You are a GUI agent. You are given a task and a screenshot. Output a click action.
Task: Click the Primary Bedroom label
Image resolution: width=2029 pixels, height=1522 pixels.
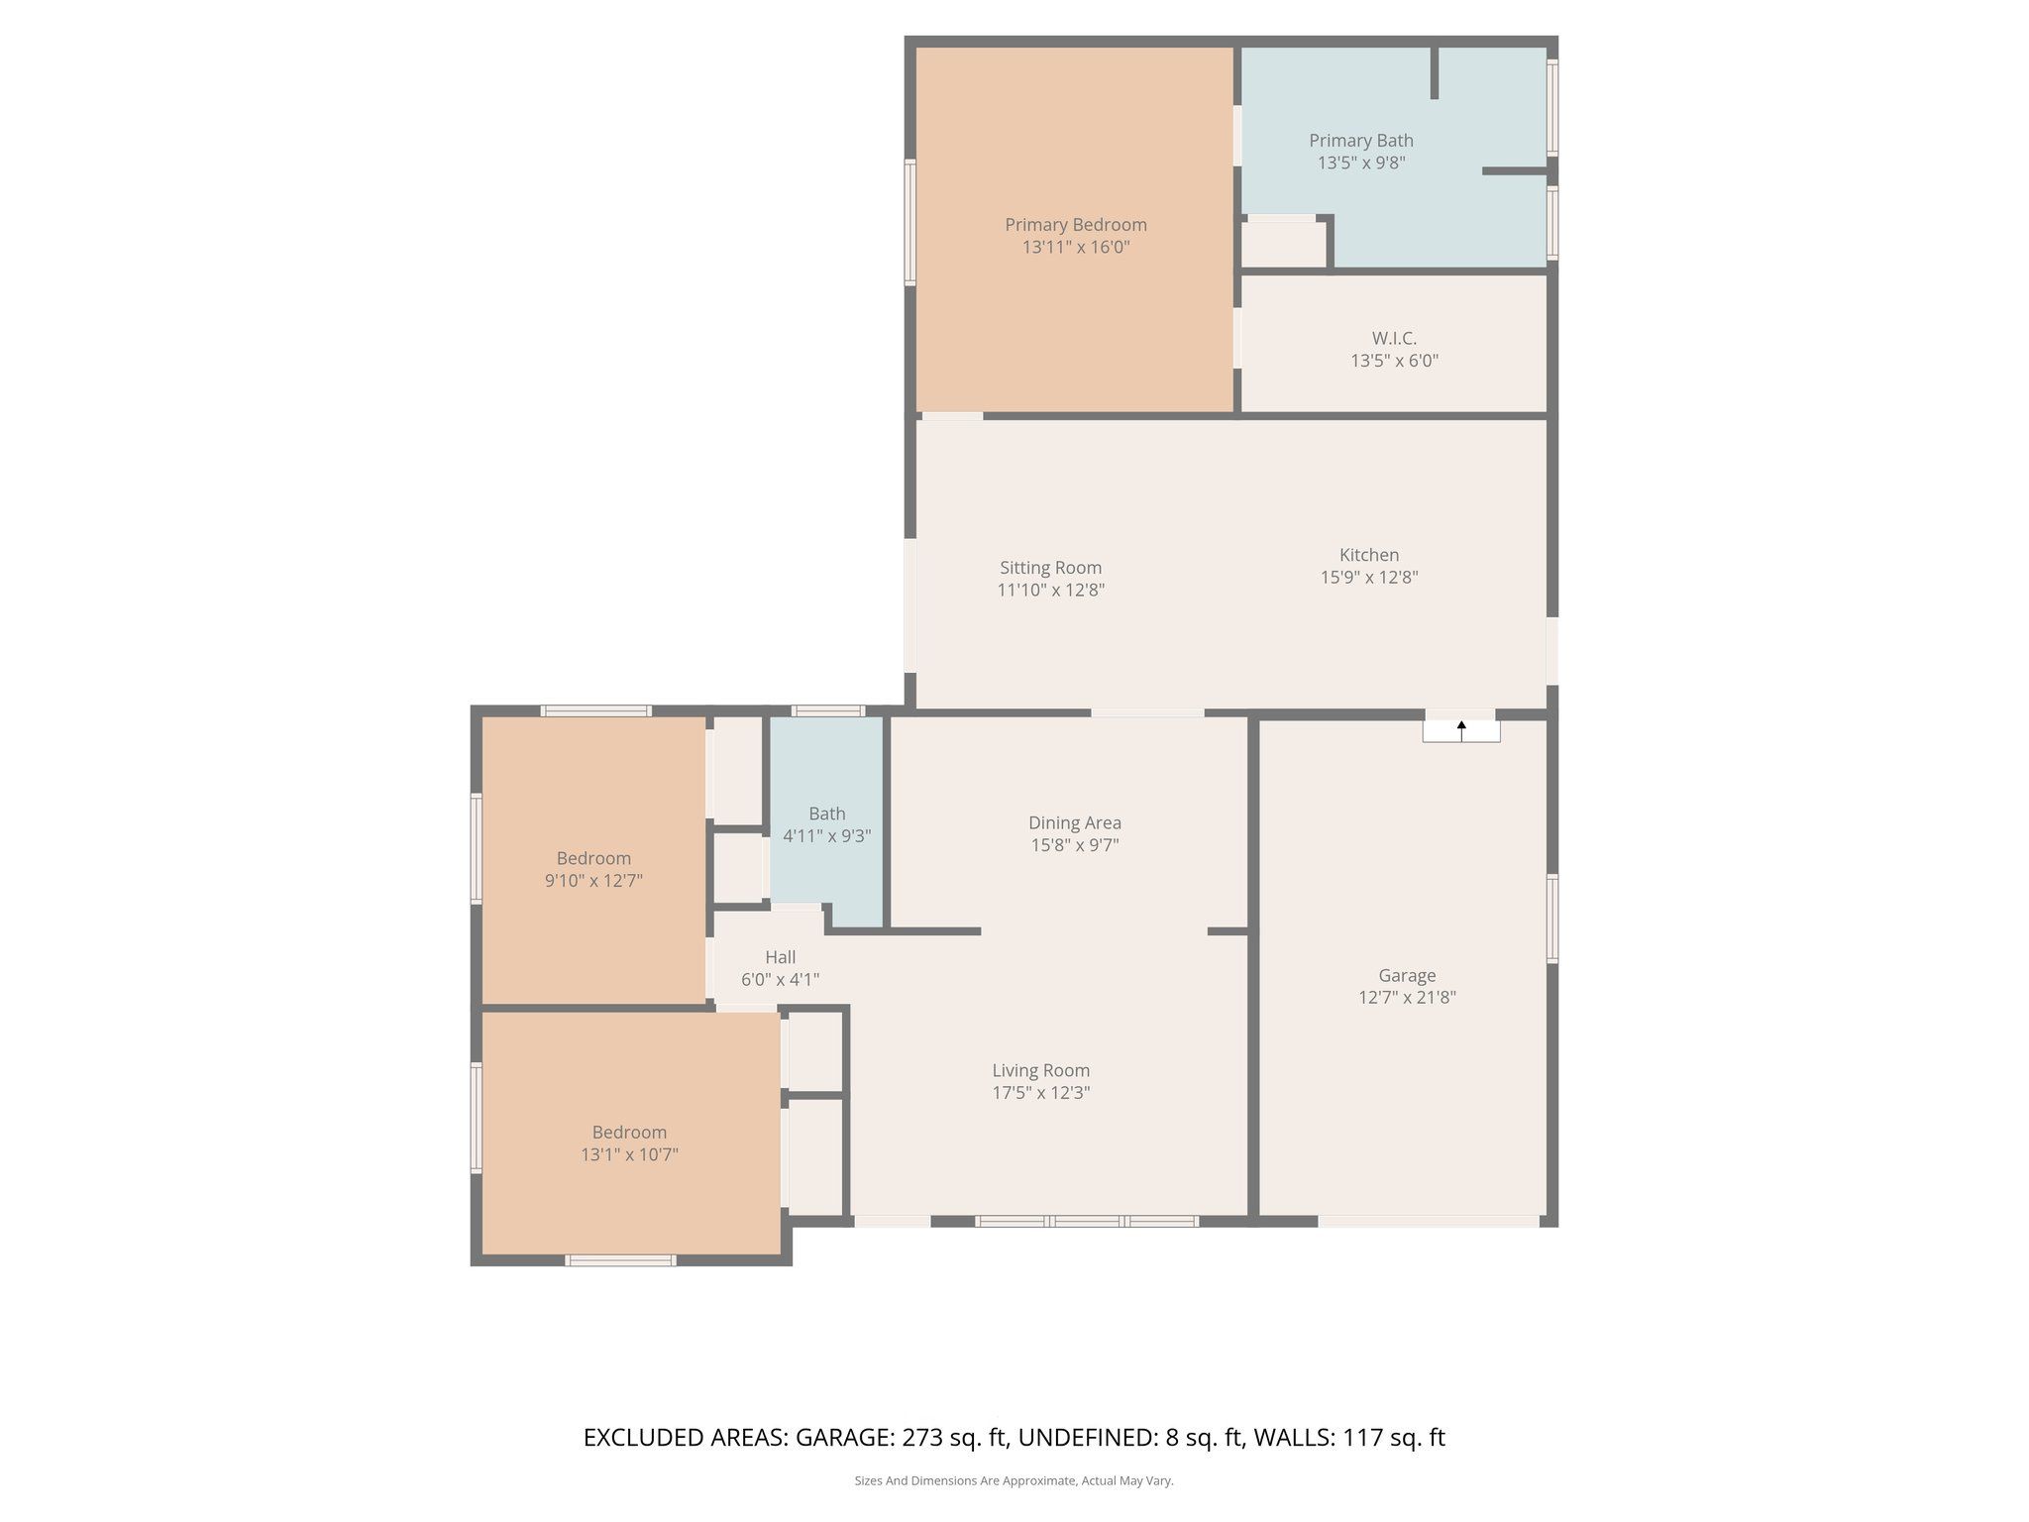(x=1075, y=225)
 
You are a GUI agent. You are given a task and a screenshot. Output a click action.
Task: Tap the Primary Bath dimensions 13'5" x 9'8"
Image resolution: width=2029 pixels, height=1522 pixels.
(x=1360, y=163)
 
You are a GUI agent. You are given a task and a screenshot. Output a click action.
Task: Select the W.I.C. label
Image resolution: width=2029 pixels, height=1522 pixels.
(x=1394, y=339)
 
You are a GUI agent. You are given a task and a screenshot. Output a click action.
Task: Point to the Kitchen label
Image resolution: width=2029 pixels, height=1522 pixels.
(x=1369, y=555)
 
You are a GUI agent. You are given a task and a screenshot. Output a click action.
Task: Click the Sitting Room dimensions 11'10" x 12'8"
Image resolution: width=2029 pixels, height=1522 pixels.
(x=1050, y=591)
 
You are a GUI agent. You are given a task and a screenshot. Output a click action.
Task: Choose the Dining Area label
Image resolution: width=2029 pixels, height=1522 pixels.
(x=1074, y=822)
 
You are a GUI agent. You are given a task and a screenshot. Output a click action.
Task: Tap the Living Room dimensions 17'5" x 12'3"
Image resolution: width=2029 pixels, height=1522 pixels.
(x=1040, y=1093)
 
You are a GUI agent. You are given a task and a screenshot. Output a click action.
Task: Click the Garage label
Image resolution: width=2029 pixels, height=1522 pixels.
(x=1407, y=975)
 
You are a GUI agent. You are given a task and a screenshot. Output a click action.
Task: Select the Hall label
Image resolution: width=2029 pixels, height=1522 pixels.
(x=780, y=957)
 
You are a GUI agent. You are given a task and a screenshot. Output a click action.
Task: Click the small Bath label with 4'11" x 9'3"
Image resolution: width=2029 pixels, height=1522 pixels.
(x=826, y=814)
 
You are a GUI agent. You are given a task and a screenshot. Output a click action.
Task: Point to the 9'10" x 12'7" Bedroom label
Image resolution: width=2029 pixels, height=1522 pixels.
(x=593, y=858)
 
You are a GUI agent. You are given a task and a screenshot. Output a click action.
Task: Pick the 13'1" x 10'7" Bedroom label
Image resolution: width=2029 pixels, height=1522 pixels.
(x=629, y=1132)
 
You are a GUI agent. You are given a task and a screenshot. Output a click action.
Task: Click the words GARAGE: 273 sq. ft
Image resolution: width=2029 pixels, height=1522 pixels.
(x=902, y=1438)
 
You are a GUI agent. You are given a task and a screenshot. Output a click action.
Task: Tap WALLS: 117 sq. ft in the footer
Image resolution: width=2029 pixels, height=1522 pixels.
(x=1349, y=1438)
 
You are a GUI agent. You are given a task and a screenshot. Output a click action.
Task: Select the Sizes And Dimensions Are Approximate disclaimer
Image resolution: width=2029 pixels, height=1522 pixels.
(x=1014, y=1480)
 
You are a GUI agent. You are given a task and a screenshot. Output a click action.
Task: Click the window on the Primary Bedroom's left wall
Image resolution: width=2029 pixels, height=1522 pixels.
(x=909, y=223)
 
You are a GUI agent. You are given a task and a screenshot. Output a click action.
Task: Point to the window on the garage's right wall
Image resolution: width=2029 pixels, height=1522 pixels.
(x=1551, y=919)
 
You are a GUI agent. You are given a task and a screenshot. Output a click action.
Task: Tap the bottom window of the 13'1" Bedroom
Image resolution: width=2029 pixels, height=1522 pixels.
(x=620, y=1260)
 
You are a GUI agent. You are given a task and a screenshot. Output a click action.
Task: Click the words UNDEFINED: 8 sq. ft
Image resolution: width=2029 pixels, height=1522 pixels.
(x=1130, y=1438)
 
